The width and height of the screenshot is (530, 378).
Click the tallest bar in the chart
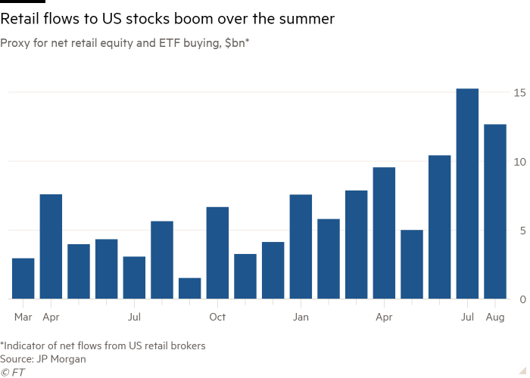pos(467,194)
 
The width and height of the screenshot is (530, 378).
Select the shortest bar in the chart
pos(189,288)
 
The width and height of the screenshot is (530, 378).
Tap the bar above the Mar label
pos(23,278)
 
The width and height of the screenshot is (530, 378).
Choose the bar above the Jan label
pos(301,246)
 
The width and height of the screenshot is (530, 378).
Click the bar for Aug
pos(495,211)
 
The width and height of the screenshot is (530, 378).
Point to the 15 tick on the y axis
pos(519,92)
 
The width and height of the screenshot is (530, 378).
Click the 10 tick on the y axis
pos(519,161)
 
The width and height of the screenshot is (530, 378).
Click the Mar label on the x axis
pos(23,317)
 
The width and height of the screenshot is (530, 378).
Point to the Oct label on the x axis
pos(217,317)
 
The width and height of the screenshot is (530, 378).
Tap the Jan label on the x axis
pos(301,317)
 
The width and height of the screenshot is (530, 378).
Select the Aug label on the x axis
pos(495,317)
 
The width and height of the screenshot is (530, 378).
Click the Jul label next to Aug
pos(467,317)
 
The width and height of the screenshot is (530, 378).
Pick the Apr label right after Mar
pos(51,317)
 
